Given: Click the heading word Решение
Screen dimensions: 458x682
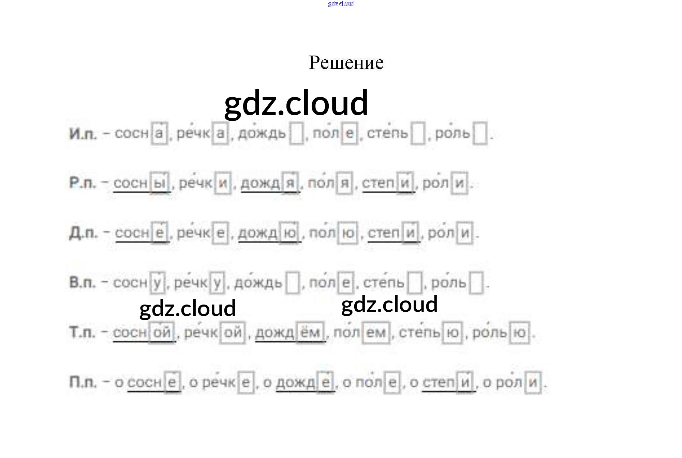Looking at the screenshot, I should [x=346, y=63].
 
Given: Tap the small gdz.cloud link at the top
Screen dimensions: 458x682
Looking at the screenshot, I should [x=341, y=4].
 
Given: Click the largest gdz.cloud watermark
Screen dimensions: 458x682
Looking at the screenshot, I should [x=296, y=103].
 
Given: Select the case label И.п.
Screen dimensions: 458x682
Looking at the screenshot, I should [x=83, y=134].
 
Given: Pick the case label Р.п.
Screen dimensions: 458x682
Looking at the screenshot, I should [x=82, y=183].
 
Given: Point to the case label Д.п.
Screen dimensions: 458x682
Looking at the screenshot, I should [x=83, y=233].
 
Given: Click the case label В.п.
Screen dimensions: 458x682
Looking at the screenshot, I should [x=82, y=282].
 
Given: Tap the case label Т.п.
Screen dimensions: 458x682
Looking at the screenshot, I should [x=82, y=332].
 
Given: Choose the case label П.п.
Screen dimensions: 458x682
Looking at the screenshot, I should [x=83, y=382].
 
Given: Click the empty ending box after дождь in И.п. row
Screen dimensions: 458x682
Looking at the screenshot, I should [x=296, y=134].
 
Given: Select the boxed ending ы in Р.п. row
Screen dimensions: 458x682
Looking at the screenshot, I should [x=160, y=183].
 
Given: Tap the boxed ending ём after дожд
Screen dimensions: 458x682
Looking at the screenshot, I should [x=310, y=332].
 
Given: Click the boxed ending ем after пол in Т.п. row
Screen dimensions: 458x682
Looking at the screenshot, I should [x=375, y=333].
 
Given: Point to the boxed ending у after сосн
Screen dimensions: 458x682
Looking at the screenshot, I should [x=157, y=282].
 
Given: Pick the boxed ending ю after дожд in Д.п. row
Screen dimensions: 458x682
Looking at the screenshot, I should [x=290, y=233].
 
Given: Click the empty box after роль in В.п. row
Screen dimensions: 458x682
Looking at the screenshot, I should [x=476, y=282].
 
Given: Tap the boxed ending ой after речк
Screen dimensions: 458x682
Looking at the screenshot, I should [x=233, y=333].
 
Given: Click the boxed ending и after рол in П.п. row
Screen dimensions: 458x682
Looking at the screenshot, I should [x=533, y=382].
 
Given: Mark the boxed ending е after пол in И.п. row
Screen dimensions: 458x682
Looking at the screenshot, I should [x=350, y=133].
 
